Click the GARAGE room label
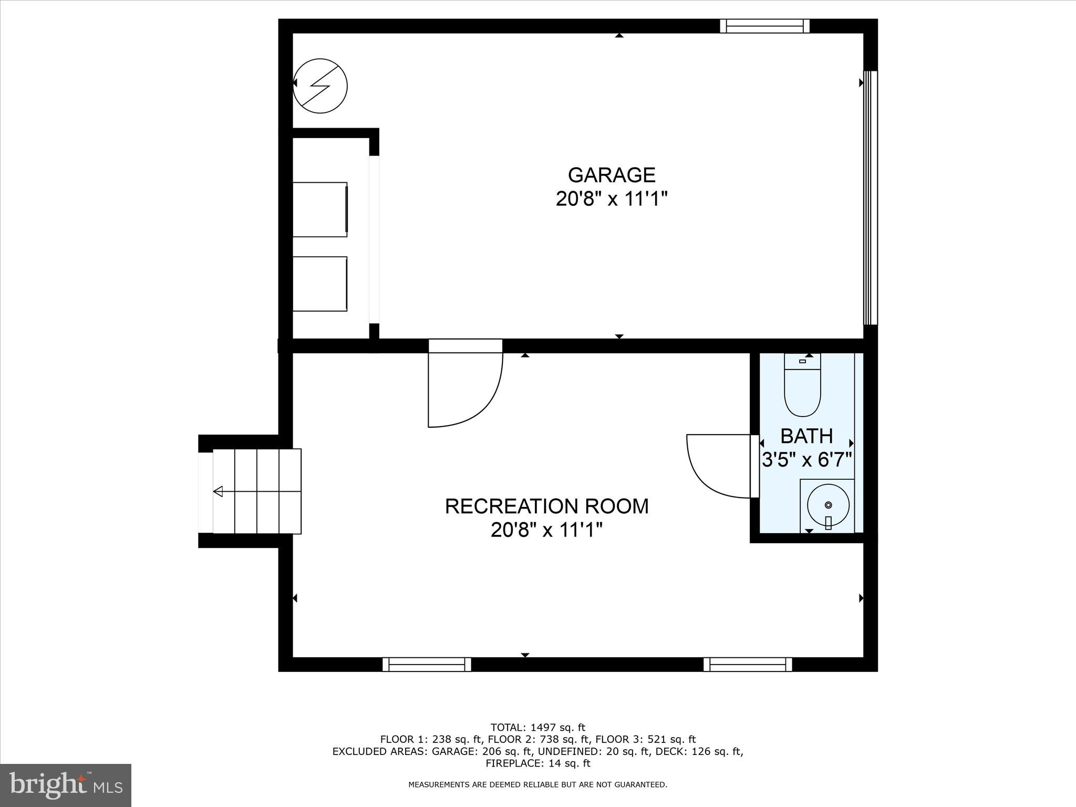612,174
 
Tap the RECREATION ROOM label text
546,506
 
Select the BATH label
806,436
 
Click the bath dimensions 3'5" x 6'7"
806,461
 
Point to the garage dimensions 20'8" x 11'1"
612,199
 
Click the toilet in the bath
802,389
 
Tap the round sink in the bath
828,505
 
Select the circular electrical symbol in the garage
320,86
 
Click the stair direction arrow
218,492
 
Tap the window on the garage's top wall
764,26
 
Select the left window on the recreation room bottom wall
427,665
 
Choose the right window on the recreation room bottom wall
748,665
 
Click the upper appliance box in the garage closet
319,209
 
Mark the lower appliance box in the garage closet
319,284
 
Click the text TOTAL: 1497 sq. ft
537,728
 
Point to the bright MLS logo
66,785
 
